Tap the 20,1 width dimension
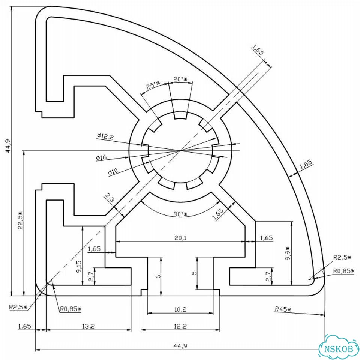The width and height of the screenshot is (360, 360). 180,238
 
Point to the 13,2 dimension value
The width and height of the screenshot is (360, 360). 88,325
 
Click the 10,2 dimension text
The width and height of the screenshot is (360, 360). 180,309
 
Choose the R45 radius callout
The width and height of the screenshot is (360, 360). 283,309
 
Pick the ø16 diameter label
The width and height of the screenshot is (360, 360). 101,157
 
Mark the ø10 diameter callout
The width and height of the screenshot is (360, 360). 113,171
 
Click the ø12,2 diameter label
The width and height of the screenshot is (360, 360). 105,137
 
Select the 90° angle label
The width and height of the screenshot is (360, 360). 180,214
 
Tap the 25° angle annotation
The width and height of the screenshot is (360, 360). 153,85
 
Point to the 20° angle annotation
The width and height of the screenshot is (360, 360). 180,79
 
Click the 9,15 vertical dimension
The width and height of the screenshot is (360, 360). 79,266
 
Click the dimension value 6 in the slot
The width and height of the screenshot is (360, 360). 158,276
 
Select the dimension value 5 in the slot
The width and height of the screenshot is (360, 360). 194,273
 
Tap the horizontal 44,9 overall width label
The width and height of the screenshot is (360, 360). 180,346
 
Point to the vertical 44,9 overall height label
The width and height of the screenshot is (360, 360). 8,146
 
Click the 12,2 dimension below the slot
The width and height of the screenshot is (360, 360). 180,325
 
